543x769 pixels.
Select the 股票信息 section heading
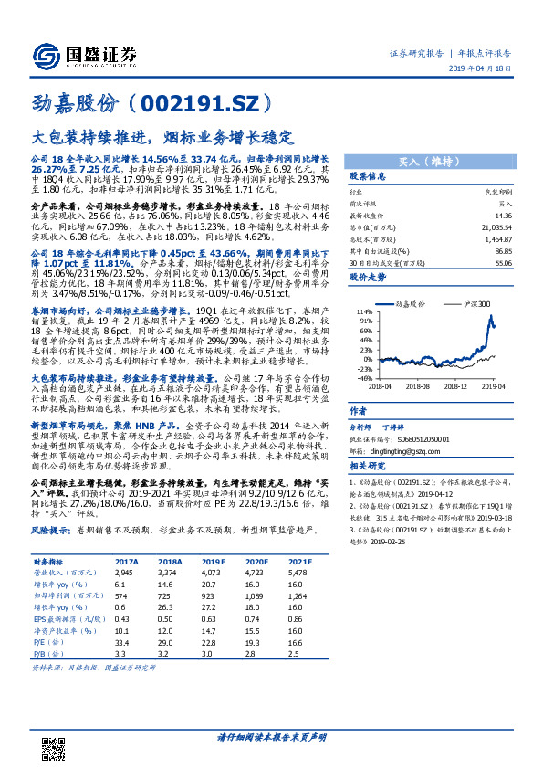(x=368, y=176)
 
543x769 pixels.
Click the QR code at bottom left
(x=54, y=732)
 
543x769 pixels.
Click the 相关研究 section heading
(x=368, y=467)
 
